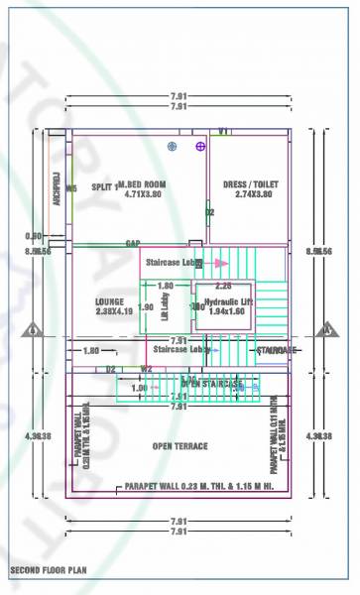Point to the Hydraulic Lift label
pyautogui.click(x=228, y=300)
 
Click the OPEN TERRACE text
pyautogui.click(x=180, y=446)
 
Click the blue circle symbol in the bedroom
pyautogui.click(x=173, y=147)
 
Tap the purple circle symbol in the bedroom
pyautogui.click(x=201, y=147)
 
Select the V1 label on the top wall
pyautogui.click(x=224, y=131)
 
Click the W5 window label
pyautogui.click(x=71, y=187)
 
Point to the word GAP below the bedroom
pyautogui.click(x=132, y=243)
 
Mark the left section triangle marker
pyautogui.click(x=34, y=330)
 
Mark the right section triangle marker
pyautogui.click(x=323, y=330)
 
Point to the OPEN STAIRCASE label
pyautogui.click(x=211, y=383)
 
